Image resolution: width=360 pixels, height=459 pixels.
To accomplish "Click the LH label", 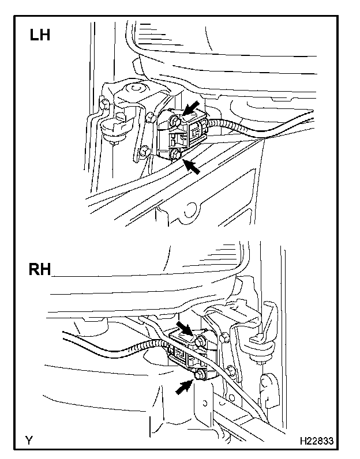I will (x=40, y=35).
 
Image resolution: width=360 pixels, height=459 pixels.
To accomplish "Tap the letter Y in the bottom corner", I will (x=28, y=441).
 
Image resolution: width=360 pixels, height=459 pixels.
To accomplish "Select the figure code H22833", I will (x=316, y=441).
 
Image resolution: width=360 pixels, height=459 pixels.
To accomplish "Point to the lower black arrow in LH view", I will (x=193, y=166).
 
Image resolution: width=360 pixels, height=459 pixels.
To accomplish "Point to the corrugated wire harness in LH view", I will (x=231, y=129).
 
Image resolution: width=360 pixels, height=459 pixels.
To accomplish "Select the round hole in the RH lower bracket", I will (x=267, y=382).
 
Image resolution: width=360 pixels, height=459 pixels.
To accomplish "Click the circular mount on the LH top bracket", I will (x=136, y=89).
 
